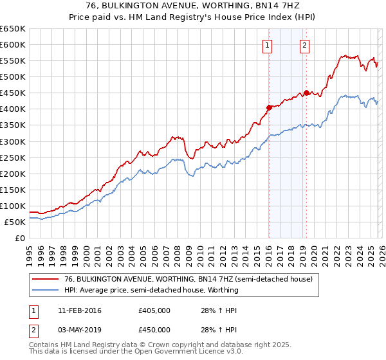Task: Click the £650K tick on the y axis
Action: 13,29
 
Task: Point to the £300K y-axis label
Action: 13,141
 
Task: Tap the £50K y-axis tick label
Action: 15,222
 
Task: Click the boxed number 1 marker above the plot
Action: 267,45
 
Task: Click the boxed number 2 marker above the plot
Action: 304,45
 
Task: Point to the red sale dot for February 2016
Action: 269,107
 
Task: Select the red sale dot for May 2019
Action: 306,93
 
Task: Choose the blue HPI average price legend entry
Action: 151,290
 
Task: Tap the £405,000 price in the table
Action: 154,310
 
